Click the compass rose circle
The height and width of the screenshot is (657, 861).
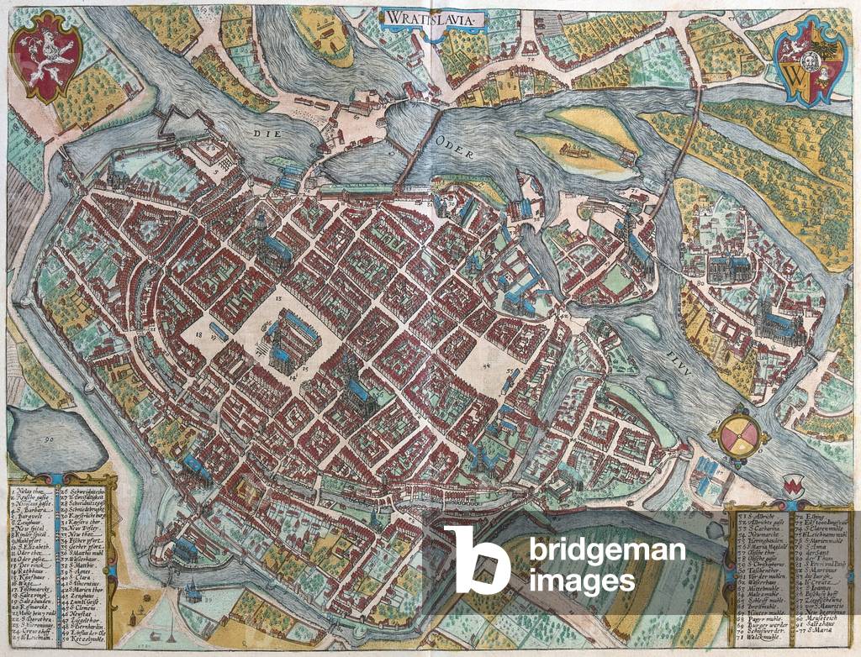tap(738, 434)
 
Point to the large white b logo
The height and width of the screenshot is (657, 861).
tap(476, 560)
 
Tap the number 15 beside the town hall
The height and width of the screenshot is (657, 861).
tap(306, 369)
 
